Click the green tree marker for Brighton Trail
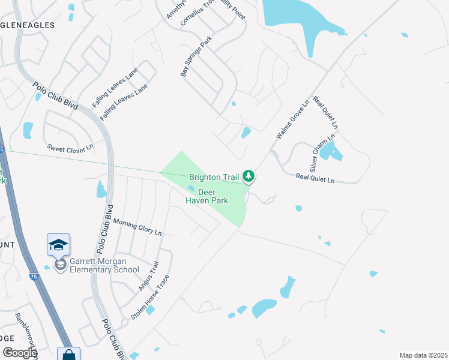[249, 176]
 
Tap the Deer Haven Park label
[206, 196]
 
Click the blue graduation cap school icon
[59, 245]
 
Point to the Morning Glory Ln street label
[137, 226]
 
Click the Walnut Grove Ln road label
[292, 120]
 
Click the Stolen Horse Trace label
[151, 297]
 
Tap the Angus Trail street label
[148, 277]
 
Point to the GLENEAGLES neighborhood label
[28, 26]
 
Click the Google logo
[20, 353]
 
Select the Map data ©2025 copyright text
[423, 355]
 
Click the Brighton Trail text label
[214, 177]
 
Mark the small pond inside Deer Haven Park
[191, 188]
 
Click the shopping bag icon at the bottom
[69, 355]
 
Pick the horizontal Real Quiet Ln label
[315, 177]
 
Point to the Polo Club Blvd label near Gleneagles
[56, 96]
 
